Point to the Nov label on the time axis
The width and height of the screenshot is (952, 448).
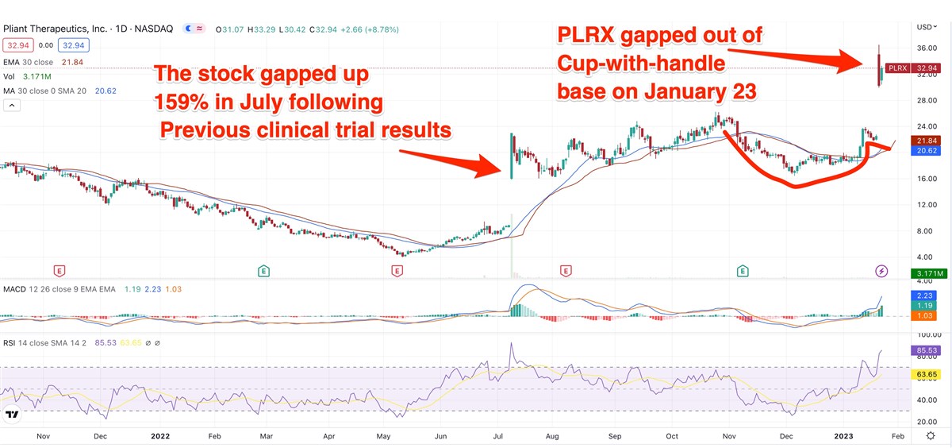(x=43, y=436)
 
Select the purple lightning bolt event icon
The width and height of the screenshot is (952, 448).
(x=881, y=272)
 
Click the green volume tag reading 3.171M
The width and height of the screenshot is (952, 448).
(x=930, y=274)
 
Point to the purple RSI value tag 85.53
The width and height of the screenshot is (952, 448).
(x=930, y=350)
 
